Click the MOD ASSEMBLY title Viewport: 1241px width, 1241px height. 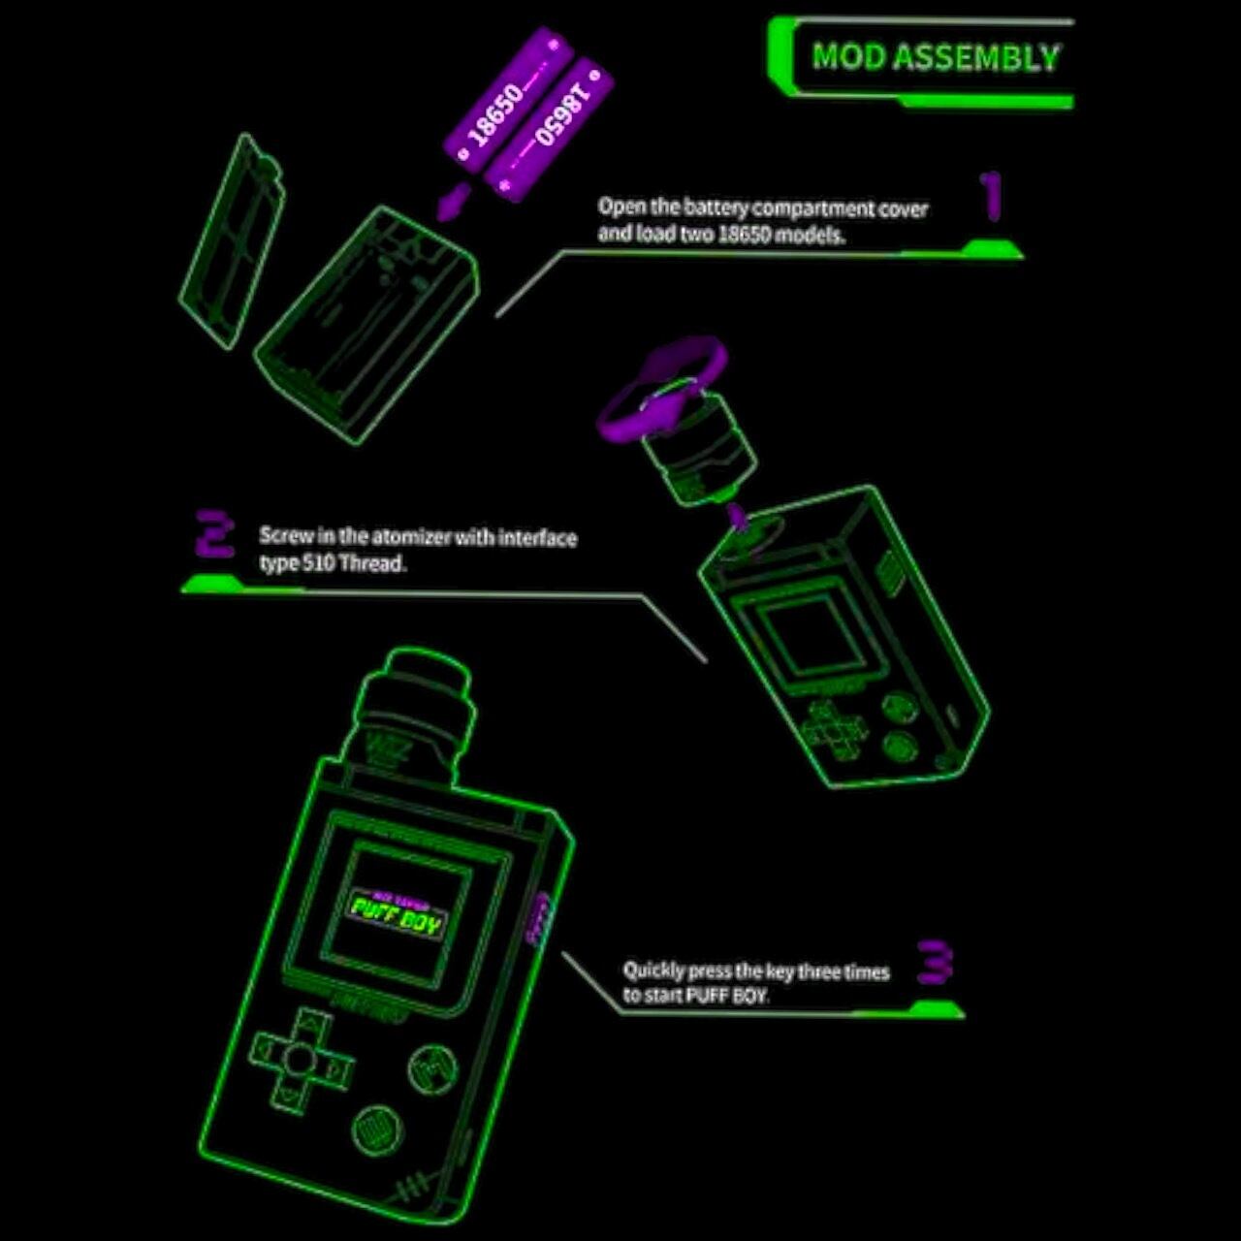pyautogui.click(x=935, y=58)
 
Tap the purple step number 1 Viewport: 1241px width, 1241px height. pyautogui.click(x=991, y=196)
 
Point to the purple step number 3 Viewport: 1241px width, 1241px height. pyautogui.click(x=936, y=962)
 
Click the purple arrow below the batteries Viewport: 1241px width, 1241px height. pyautogui.click(x=453, y=202)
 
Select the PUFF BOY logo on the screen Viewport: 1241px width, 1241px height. pyautogui.click(x=397, y=913)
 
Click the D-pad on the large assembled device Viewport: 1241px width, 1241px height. pyautogui.click(x=301, y=1059)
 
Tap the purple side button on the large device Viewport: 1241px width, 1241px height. pyautogui.click(x=539, y=917)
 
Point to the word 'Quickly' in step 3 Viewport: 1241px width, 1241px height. pyautogui.click(x=653, y=971)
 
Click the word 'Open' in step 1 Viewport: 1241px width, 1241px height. pyautogui.click(x=618, y=207)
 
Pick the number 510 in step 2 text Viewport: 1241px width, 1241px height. pyautogui.click(x=319, y=563)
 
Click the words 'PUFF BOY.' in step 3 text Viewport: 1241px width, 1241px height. pyautogui.click(x=727, y=996)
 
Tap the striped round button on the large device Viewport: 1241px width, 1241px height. pyautogui.click(x=372, y=1129)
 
